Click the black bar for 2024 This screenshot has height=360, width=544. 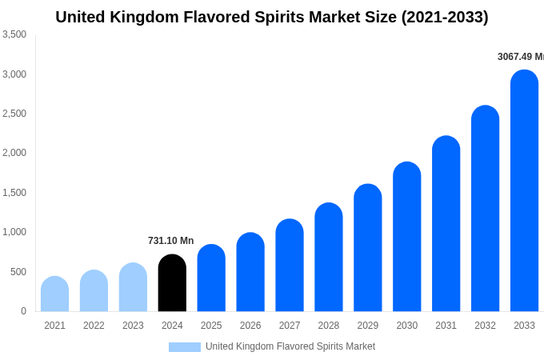(x=172, y=283)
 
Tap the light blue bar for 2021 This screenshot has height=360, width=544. (x=54, y=294)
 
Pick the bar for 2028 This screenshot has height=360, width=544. (x=328, y=258)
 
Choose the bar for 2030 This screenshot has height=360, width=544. (x=406, y=237)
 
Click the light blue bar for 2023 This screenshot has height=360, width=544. (x=133, y=287)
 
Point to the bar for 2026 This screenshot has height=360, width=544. (x=250, y=272)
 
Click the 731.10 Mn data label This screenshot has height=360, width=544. (x=170, y=241)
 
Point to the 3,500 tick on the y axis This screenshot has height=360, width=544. (x=14, y=34)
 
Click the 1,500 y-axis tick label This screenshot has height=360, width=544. (x=14, y=193)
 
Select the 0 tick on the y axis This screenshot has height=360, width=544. (x=23, y=311)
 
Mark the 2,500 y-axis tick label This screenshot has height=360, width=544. (x=14, y=114)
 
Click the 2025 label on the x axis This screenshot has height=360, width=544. (x=211, y=326)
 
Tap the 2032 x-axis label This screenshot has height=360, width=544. (x=485, y=326)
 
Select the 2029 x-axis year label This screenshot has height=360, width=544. (x=367, y=326)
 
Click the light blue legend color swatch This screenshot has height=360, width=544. (x=184, y=347)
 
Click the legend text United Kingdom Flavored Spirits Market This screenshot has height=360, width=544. (x=290, y=346)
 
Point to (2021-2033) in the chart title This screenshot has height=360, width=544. (x=444, y=17)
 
